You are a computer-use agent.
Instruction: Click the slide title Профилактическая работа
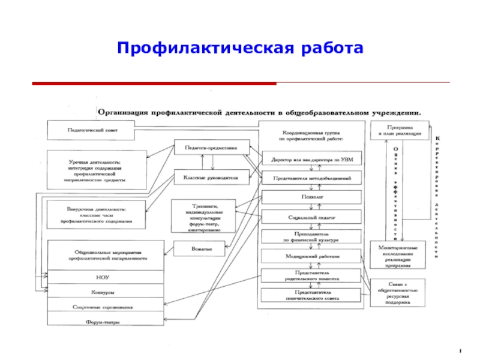click(240, 47)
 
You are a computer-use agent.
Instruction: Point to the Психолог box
click(312, 196)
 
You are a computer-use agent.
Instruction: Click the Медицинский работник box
click(312, 256)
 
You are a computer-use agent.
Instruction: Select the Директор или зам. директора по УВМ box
click(312, 159)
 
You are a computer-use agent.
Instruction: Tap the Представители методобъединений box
click(312, 178)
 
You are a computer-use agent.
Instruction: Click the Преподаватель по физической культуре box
click(312, 236)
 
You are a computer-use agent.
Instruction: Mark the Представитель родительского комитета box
click(312, 275)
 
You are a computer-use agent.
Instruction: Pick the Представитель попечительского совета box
click(312, 295)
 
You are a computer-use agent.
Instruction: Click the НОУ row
click(106, 277)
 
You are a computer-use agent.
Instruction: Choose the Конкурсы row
click(106, 292)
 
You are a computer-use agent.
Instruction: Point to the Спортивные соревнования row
click(106, 307)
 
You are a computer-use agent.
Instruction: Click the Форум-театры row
click(106, 322)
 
